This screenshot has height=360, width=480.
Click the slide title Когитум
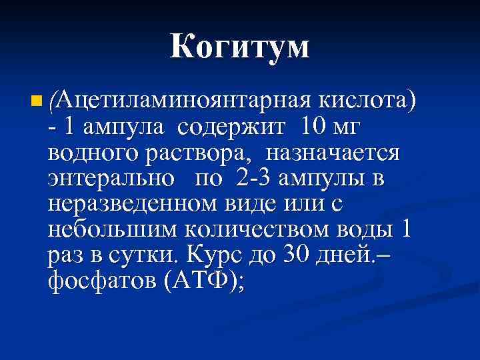[240, 47]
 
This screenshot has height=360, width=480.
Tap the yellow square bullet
[35, 102]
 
